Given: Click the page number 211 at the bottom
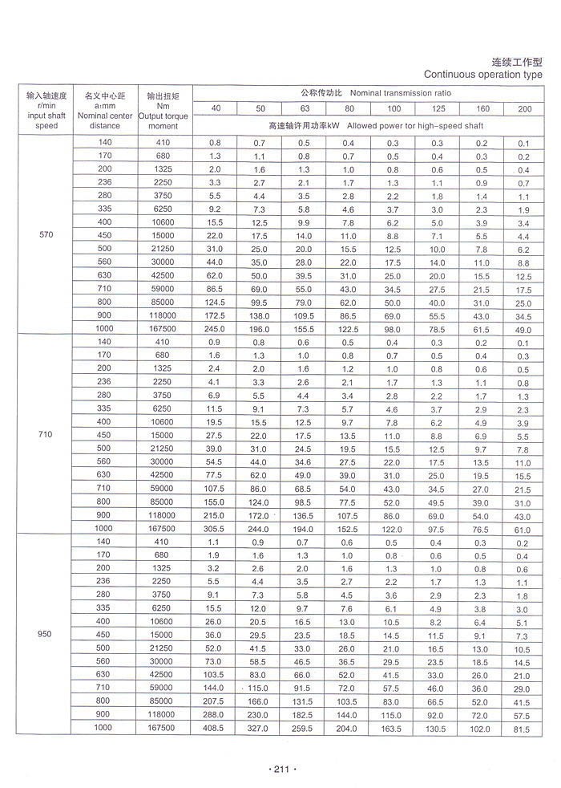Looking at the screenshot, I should tap(280, 770).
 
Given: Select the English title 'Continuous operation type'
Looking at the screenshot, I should tap(482, 75).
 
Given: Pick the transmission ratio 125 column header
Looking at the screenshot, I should tap(438, 108).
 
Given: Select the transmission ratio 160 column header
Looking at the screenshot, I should tap(482, 108).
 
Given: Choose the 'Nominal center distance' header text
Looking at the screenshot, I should tap(105, 116).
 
